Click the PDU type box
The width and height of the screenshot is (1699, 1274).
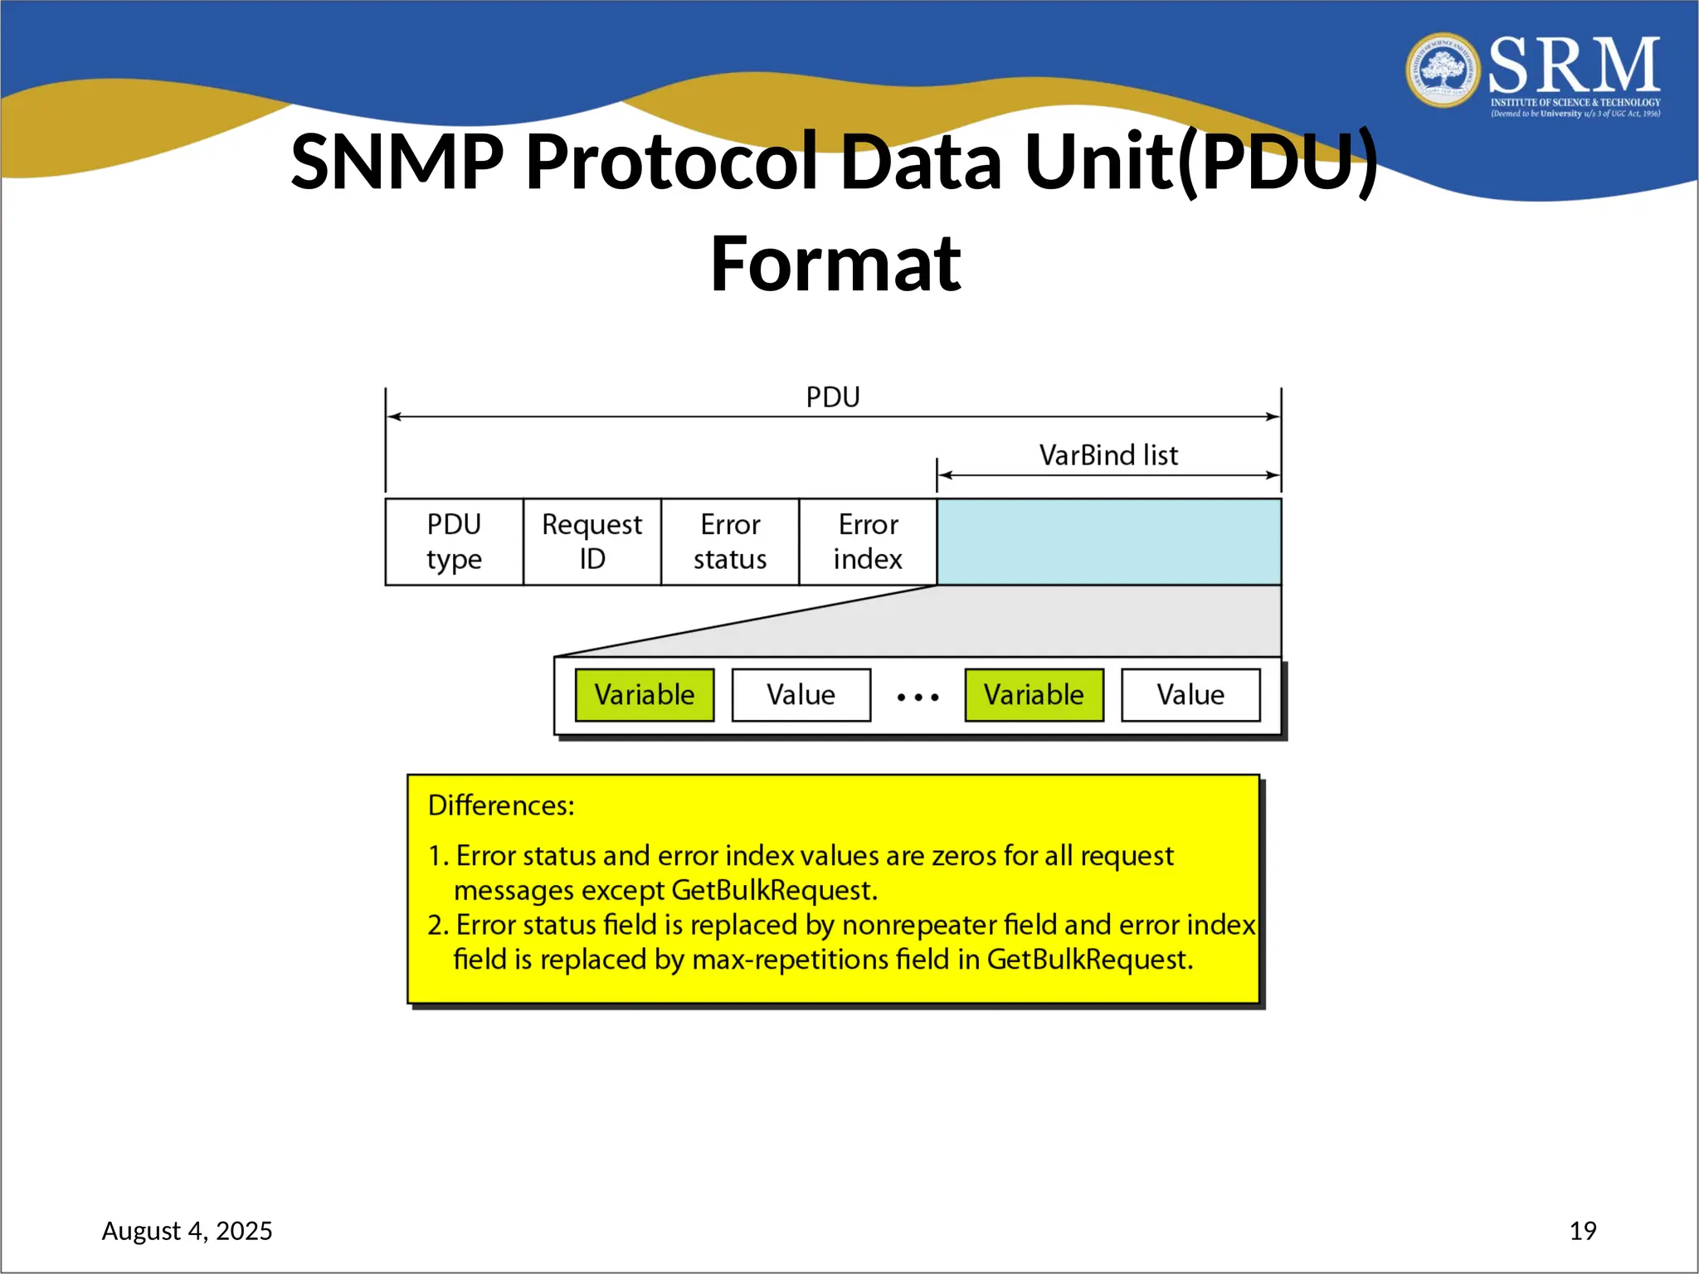tap(454, 542)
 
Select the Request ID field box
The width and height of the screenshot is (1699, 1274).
tap(591, 542)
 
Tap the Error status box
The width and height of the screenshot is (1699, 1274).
tap(729, 542)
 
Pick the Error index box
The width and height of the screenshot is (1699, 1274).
tap(868, 542)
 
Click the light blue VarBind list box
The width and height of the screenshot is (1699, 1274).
tap(1108, 542)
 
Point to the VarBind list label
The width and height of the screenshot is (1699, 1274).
tap(1108, 455)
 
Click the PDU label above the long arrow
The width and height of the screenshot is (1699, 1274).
tap(833, 397)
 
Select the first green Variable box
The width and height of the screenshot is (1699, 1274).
tap(644, 695)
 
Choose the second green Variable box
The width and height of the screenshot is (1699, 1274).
tap(1034, 695)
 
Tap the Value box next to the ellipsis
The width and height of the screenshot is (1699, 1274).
tap(801, 695)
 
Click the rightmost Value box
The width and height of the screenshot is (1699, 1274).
tap(1190, 695)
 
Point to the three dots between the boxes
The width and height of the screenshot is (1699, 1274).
tap(918, 698)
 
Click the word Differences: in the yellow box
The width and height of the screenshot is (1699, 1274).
tap(501, 805)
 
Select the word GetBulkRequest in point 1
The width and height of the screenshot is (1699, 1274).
tap(773, 890)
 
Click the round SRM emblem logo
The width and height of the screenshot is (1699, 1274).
tap(1443, 71)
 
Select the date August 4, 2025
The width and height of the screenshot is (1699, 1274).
tap(187, 1231)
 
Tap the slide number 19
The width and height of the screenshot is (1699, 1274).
tap(1583, 1231)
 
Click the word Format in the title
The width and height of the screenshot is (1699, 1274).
tap(835, 264)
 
